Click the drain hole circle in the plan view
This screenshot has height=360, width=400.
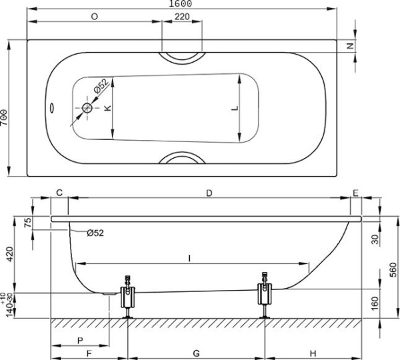(89, 109)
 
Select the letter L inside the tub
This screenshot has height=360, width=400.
(233, 109)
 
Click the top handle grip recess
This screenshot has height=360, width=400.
(181, 57)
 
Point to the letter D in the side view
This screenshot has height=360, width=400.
(209, 193)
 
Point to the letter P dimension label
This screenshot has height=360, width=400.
(80, 340)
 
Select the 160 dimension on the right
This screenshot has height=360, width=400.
(375, 303)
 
